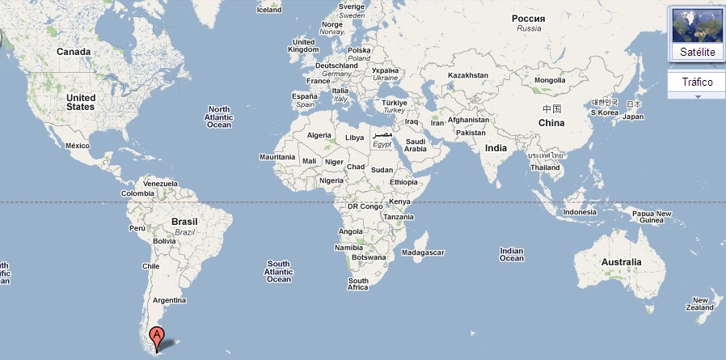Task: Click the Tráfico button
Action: [x=696, y=83]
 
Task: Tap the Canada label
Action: [x=74, y=51]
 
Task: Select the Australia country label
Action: [x=621, y=262]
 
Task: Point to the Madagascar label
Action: [x=423, y=252]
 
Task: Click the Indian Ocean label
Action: [x=512, y=254]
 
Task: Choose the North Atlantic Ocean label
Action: [x=219, y=117]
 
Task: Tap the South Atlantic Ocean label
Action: [x=279, y=271]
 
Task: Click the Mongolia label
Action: [x=550, y=80]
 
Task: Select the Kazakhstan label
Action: [x=469, y=74]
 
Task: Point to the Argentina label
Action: [x=169, y=300]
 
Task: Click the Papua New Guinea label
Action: [x=652, y=217]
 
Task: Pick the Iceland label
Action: [x=269, y=10]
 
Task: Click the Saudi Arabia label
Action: [x=415, y=145]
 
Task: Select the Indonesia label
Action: [x=580, y=212]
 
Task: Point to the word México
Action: [x=77, y=146]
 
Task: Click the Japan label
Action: [x=633, y=116]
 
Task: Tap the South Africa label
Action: [x=358, y=284]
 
